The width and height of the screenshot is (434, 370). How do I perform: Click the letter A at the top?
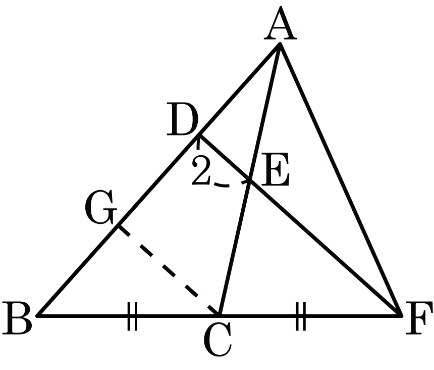[x=281, y=23]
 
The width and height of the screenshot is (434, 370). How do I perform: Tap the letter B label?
[x=17, y=317]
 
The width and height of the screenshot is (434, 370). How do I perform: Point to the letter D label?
[x=182, y=119]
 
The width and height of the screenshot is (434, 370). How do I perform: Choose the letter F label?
[x=418, y=317]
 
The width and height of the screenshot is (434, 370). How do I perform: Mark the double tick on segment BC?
[x=132, y=316]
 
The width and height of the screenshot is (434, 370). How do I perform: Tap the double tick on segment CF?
[x=301, y=316]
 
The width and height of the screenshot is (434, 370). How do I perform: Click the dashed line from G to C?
[x=168, y=270]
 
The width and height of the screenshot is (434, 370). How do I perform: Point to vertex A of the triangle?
[x=280, y=44]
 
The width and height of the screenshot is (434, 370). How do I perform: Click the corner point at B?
[x=39, y=315]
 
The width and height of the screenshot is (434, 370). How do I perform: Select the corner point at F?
[x=401, y=315]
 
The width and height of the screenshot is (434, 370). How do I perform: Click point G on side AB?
[x=119, y=226]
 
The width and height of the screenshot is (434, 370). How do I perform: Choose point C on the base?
[x=220, y=315]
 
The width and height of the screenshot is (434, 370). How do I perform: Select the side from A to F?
[x=341, y=179]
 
